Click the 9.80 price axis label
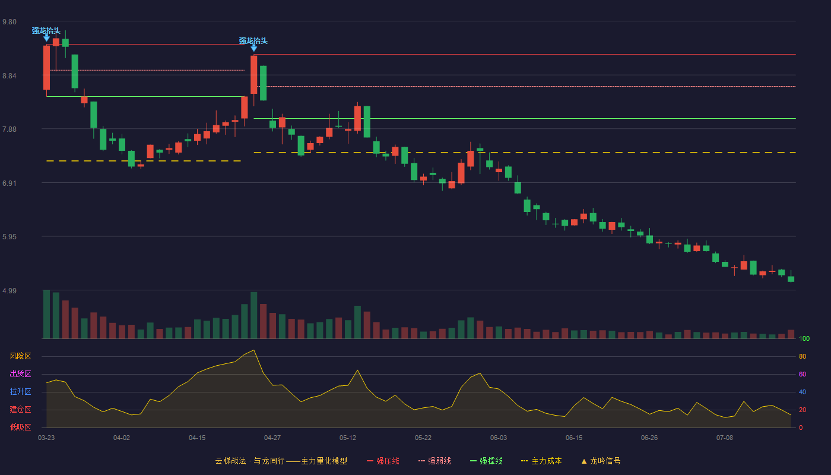click(9, 22)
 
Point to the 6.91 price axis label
click(9, 183)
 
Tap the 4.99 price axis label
click(9, 290)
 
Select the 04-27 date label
click(272, 438)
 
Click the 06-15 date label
click(574, 438)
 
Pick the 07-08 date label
click(725, 438)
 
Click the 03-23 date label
click(46, 438)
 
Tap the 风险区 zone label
click(20, 356)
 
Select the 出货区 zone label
click(20, 373)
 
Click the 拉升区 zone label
click(20, 391)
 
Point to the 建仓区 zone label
click(20, 409)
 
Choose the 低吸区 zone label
click(20, 427)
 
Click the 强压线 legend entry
click(383, 461)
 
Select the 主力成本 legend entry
click(541, 461)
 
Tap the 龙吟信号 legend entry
click(601, 461)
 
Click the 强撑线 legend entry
click(486, 461)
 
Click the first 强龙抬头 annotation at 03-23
click(46, 31)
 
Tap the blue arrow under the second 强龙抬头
click(254, 48)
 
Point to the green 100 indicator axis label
click(804, 338)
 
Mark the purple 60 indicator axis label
click(803, 374)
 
